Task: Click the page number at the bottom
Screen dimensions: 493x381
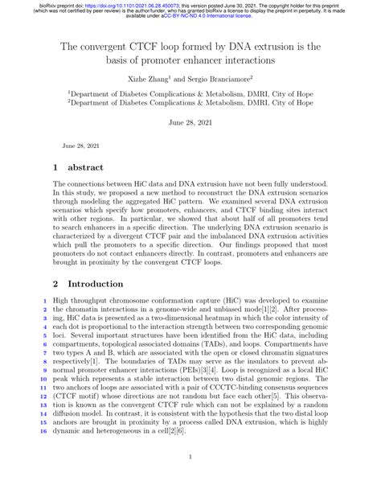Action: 190,480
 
